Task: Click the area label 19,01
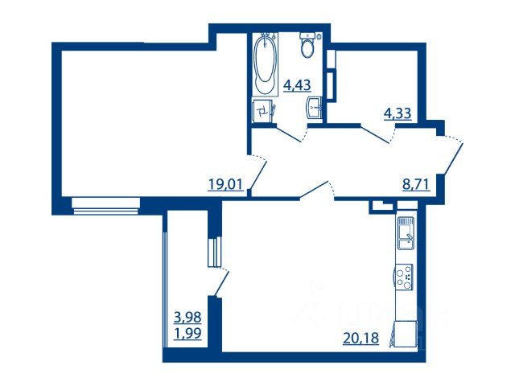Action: click(x=225, y=184)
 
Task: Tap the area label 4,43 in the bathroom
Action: click(x=297, y=85)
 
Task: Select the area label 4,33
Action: click(x=398, y=113)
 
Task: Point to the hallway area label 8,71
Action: click(x=416, y=184)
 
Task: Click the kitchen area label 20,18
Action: click(x=360, y=338)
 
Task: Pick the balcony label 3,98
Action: click(x=187, y=318)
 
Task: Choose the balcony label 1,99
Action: click(x=187, y=334)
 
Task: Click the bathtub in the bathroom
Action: click(x=265, y=64)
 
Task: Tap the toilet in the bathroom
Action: click(x=307, y=45)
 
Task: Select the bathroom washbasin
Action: click(x=315, y=107)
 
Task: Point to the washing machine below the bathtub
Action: click(x=263, y=111)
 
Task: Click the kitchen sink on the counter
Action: click(x=406, y=232)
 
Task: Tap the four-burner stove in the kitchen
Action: click(x=404, y=277)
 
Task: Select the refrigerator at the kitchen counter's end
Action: click(x=405, y=335)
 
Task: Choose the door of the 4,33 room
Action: click(x=377, y=134)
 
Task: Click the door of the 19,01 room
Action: click(x=257, y=173)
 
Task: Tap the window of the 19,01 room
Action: click(x=105, y=206)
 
